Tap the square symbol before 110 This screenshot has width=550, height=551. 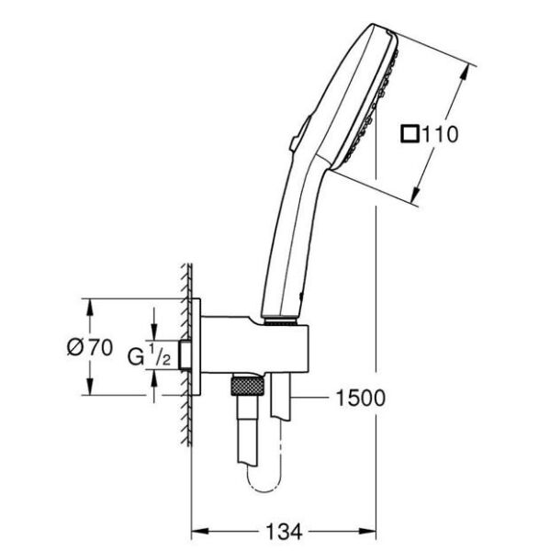click(x=410, y=135)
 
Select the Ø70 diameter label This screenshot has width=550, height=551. click(x=89, y=347)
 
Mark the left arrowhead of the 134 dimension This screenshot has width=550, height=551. click(x=196, y=532)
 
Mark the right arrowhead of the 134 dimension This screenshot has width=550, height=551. click(x=374, y=532)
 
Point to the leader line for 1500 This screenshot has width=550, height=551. click(x=312, y=398)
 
